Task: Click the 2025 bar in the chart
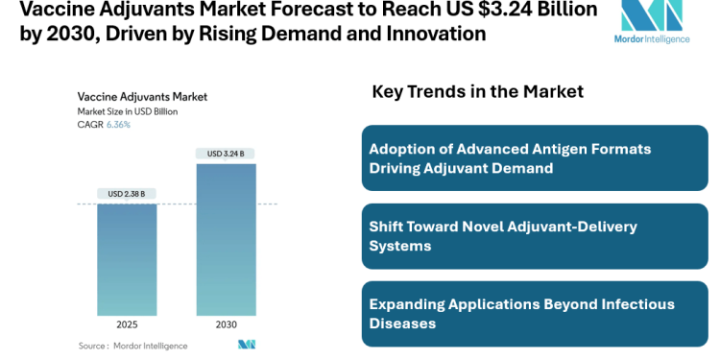(x=127, y=259)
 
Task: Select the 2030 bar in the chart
(x=227, y=239)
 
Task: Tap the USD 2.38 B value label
(x=127, y=194)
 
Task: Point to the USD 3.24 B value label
(x=227, y=154)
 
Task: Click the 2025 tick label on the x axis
(x=127, y=324)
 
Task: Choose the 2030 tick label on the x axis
(x=227, y=324)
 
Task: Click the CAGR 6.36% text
(x=104, y=125)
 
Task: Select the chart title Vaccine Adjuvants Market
(x=142, y=96)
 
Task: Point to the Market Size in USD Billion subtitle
(x=128, y=111)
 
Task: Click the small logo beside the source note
(x=247, y=345)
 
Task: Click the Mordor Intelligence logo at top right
(x=652, y=23)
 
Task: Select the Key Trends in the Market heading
(x=477, y=92)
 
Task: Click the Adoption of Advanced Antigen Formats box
(x=535, y=158)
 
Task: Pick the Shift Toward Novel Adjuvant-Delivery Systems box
(x=535, y=236)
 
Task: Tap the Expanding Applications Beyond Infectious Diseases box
(x=535, y=314)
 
